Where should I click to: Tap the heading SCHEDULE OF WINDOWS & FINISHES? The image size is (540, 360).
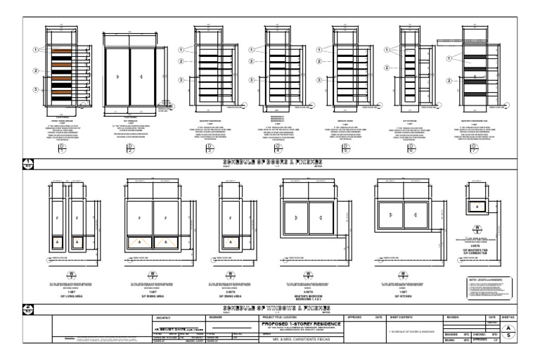[x=270, y=308]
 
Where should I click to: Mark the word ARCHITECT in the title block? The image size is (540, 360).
[x=164, y=317]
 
